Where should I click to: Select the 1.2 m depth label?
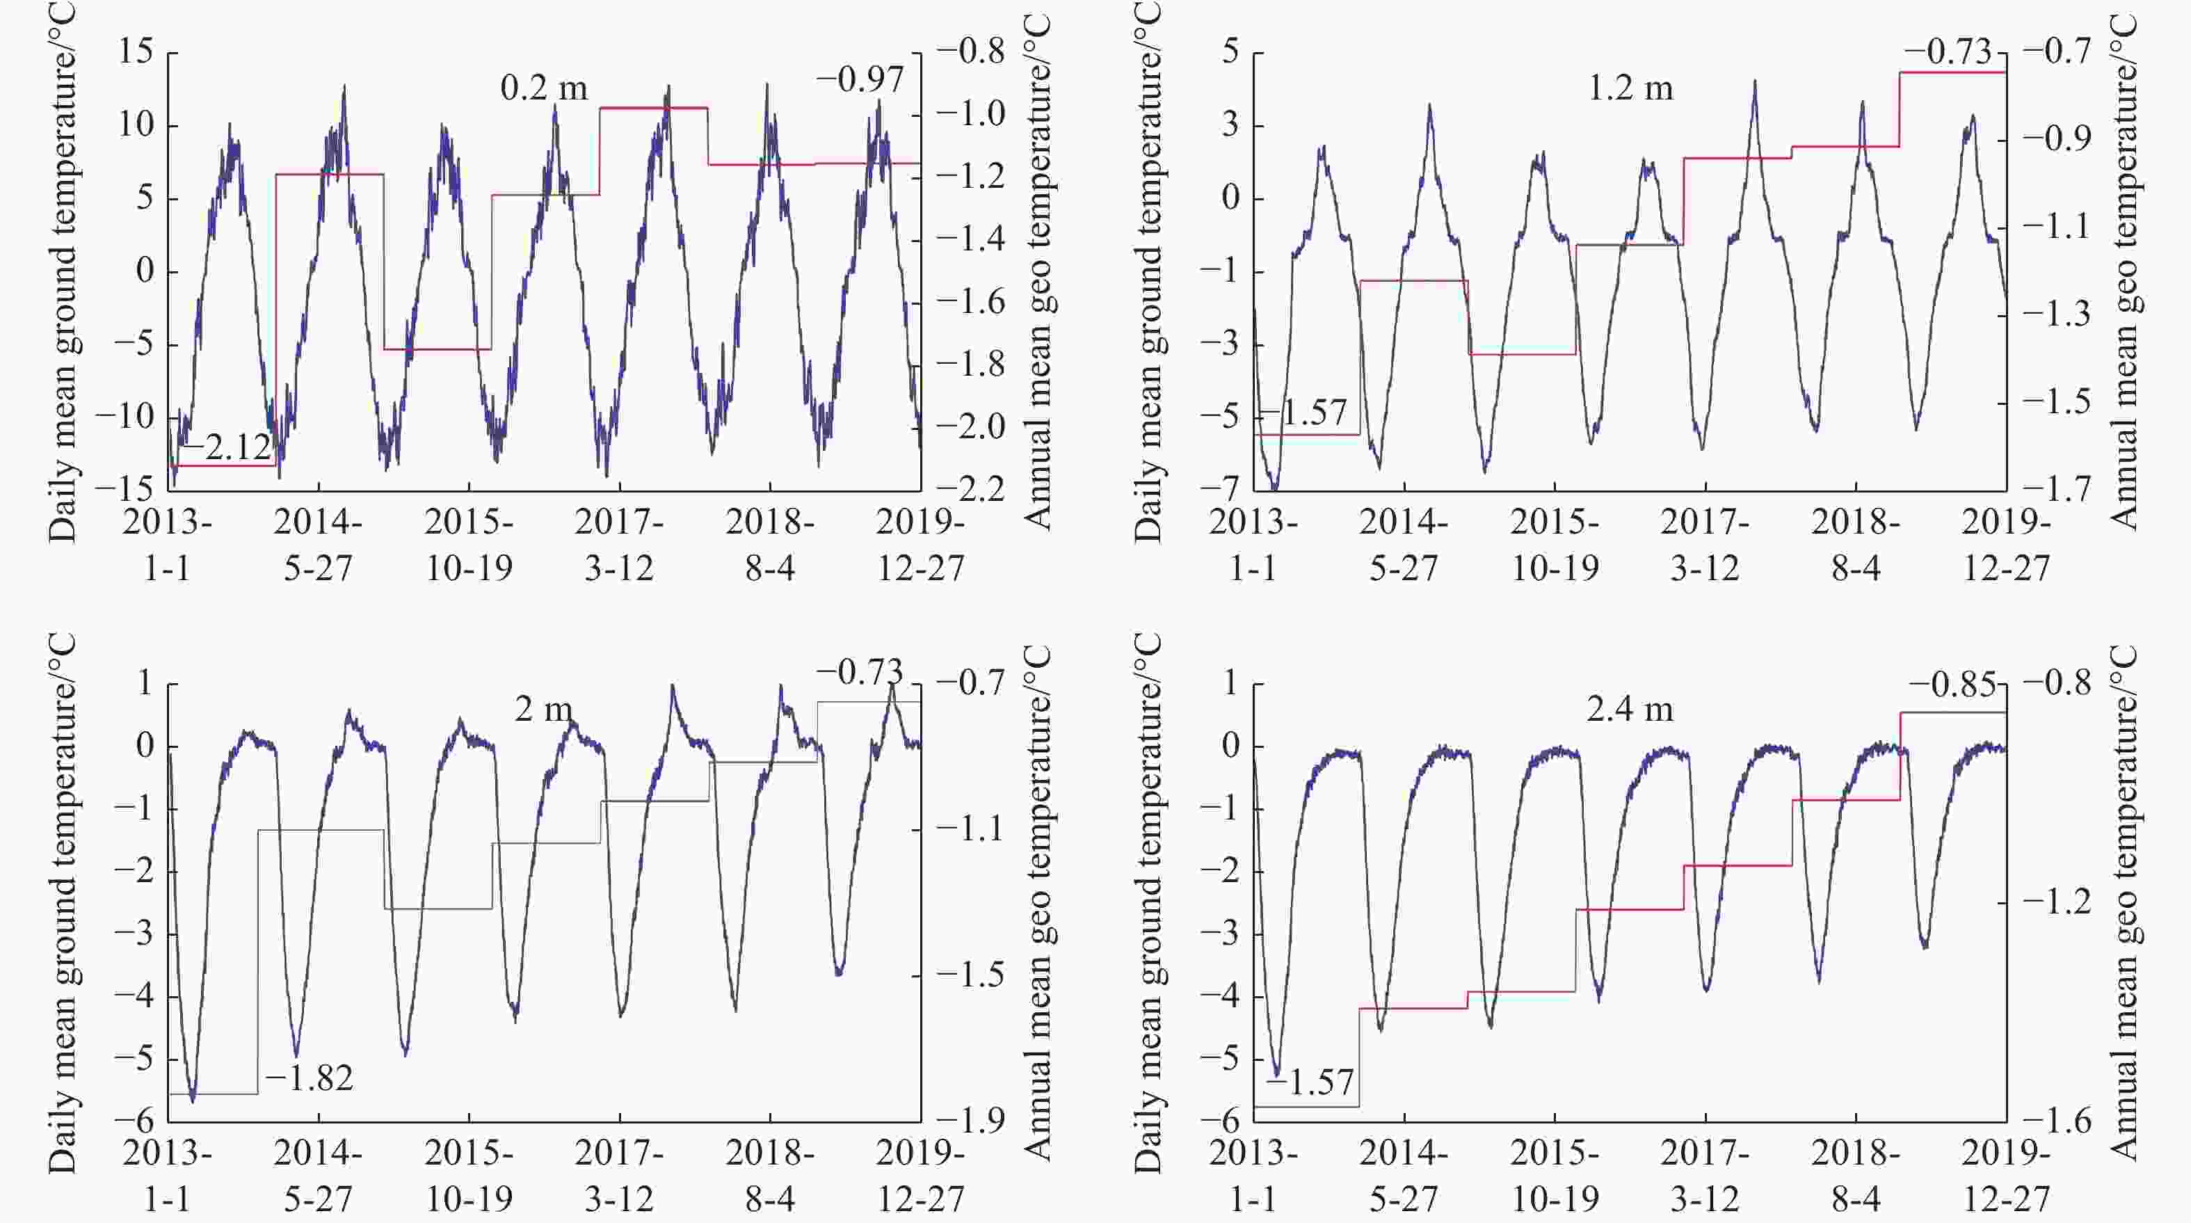point(1630,88)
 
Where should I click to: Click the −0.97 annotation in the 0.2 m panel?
point(860,79)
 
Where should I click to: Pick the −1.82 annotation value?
point(309,1078)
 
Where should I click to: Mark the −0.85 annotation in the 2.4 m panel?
point(1952,685)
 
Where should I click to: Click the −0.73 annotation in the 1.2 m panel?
point(1948,52)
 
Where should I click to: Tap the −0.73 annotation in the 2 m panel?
point(860,672)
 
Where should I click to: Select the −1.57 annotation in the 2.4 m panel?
point(1310,1082)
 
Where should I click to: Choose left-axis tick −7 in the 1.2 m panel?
point(1221,489)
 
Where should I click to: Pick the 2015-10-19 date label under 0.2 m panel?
point(469,545)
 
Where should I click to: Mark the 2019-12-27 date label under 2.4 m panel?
point(2005,1176)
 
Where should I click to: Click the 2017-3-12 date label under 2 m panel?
point(619,1176)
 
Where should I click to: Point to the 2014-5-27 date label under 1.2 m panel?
point(1404,545)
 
